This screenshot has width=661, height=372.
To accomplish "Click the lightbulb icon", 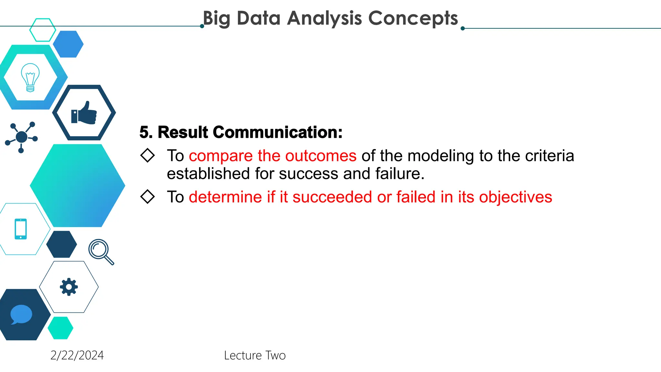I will click(30, 77).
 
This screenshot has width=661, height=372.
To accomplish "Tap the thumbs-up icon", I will click(84, 113).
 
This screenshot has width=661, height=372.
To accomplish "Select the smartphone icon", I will click(21, 229).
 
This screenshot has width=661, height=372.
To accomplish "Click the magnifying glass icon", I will click(101, 252).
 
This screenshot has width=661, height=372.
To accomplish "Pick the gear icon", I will click(69, 287).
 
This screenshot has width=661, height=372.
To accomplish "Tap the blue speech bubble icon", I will click(21, 314).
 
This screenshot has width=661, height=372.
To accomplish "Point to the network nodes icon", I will click(21, 137).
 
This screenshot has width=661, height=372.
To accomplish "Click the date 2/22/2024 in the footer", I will click(77, 355).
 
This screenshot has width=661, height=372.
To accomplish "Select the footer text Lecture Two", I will click(255, 355).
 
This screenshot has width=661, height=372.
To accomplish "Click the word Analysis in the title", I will click(324, 18).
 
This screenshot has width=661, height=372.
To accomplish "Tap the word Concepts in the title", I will click(413, 18).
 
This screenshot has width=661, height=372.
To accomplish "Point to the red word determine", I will click(225, 197).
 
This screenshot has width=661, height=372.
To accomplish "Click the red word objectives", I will click(515, 197).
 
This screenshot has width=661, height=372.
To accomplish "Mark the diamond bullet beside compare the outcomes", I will click(147, 155).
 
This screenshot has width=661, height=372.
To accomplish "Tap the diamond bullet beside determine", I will click(147, 197).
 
